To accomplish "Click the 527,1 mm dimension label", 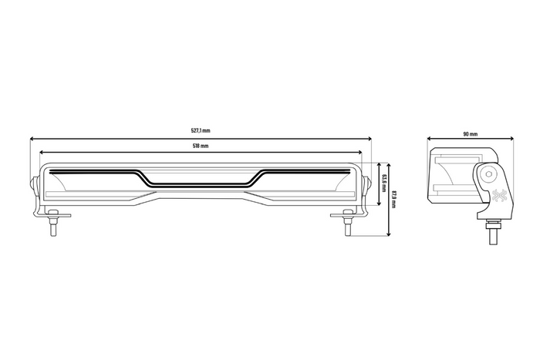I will (200, 131).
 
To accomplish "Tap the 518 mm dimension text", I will (200, 146).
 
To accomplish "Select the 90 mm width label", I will (470, 133).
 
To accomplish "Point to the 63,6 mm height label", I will (383, 183).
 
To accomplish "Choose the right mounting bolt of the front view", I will (346, 225).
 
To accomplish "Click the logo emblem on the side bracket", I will (497, 196).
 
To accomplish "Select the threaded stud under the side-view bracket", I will (491, 230).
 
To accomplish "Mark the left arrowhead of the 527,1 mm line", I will (32, 139).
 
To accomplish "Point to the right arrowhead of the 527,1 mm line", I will (370, 139).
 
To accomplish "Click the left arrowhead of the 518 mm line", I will (40, 153).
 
